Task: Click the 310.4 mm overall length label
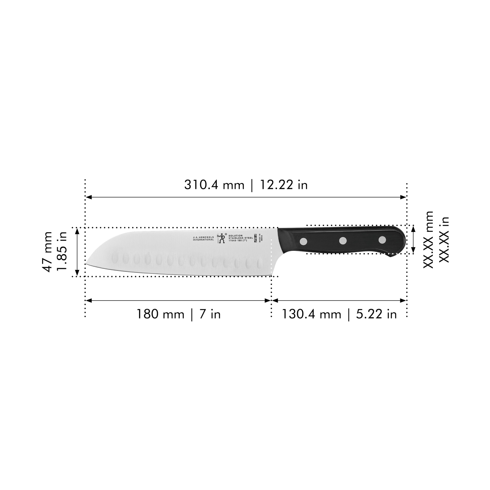(214, 185)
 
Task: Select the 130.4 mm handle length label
(311, 314)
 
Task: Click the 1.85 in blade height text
(62, 252)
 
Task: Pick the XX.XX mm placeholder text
(428, 240)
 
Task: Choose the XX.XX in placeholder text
(444, 240)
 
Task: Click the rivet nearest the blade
(303, 241)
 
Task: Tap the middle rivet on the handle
(343, 241)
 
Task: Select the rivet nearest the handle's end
(382, 240)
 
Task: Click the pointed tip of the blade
(87, 264)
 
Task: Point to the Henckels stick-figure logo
(222, 238)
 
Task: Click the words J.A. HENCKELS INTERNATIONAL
(203, 238)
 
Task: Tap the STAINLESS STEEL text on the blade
(240, 238)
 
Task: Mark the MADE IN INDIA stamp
(260, 237)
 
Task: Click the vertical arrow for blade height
(77, 252)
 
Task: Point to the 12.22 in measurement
(284, 185)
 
